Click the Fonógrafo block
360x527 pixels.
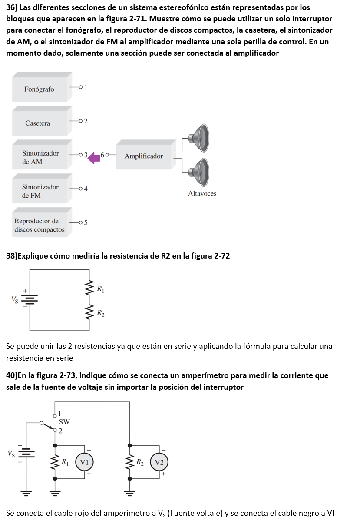(x=40, y=89)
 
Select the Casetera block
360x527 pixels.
(x=38, y=123)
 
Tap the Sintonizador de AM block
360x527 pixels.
(x=40, y=157)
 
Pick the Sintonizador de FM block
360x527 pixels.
(x=40, y=191)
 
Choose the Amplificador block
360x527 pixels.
(x=144, y=156)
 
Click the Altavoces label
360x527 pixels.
(x=202, y=194)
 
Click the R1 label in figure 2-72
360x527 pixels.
(x=100, y=288)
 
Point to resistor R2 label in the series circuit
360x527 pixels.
(x=100, y=313)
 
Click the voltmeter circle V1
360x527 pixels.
(x=84, y=463)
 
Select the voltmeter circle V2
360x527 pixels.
(x=159, y=463)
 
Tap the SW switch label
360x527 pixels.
(x=64, y=421)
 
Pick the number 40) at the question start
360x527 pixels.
(x=12, y=375)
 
